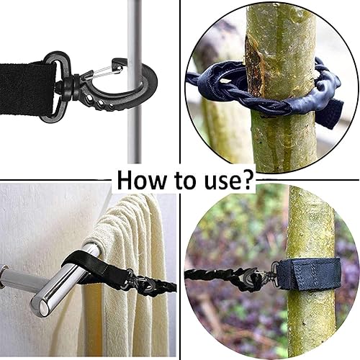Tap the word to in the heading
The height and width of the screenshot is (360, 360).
tap(186, 179)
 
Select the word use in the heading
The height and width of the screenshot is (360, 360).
tap(221, 179)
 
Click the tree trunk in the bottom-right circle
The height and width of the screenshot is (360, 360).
tap(310, 216)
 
